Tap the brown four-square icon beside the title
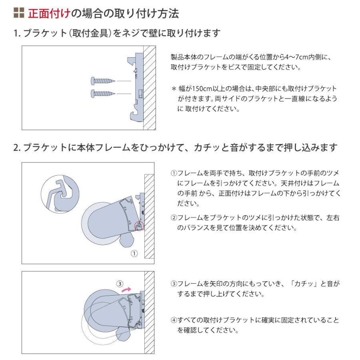[x=19, y=13]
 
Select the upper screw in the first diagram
[x=103, y=81]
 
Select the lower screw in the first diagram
[x=103, y=94]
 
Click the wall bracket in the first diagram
[x=137, y=88]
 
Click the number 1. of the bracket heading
[x=17, y=34]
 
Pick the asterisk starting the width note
[x=174, y=89]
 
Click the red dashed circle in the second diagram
[x=139, y=226]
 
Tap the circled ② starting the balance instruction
[x=174, y=218]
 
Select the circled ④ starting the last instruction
[x=174, y=320]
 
